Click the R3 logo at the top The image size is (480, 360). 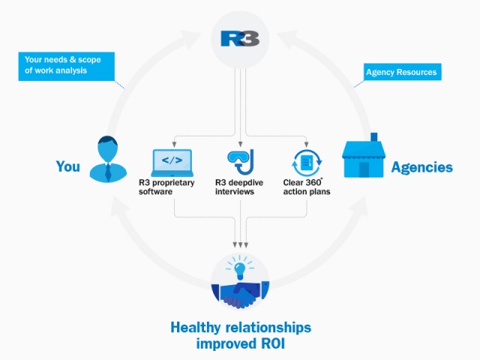click(240, 38)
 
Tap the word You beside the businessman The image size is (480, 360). click(68, 166)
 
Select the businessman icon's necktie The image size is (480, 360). click(108, 172)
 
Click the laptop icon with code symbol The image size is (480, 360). click(172, 163)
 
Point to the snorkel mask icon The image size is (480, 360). click(241, 162)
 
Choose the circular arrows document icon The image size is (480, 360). click(307, 163)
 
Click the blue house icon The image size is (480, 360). click(363, 155)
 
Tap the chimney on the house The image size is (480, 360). click(373, 136)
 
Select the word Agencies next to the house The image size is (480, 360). click(421, 167)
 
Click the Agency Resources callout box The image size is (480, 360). click(402, 72)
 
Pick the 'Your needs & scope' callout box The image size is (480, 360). click(67, 67)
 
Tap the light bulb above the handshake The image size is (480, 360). click(240, 271)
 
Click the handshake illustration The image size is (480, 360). click(240, 295)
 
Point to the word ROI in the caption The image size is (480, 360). click(273, 343)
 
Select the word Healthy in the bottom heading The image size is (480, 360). click(196, 327)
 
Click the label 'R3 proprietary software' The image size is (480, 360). click(166, 187)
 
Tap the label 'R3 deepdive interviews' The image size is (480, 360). click(239, 187)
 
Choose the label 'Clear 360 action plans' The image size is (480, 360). click(307, 187)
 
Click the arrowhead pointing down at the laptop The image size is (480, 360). click(174, 145)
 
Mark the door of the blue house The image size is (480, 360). click(364, 169)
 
